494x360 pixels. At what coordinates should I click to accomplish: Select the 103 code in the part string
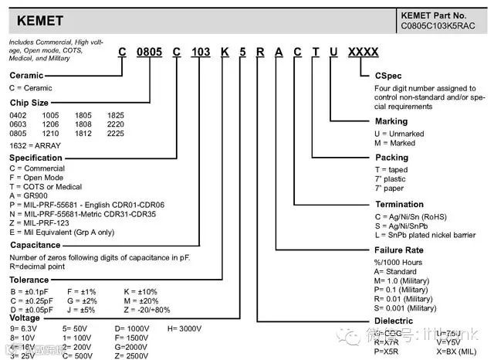tap(201, 52)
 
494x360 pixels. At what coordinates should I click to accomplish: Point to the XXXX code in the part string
tap(363, 52)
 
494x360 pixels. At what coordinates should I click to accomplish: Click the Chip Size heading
tap(30, 102)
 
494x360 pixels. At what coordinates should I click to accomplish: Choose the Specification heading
tap(36, 156)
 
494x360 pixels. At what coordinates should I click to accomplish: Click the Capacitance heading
tap(36, 244)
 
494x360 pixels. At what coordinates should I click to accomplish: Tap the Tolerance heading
tap(30, 280)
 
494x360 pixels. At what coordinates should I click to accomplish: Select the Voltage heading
tap(27, 318)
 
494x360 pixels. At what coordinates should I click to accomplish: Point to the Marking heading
tap(391, 122)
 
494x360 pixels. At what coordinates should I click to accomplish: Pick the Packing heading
tap(391, 157)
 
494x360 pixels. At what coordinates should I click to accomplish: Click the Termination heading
tap(400, 205)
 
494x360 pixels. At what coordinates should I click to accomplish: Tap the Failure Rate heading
tap(402, 250)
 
